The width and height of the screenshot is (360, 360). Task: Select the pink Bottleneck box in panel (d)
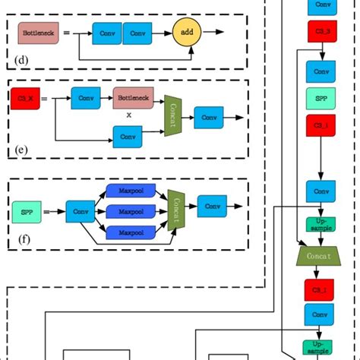pos(37,33)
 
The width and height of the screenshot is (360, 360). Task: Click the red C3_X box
pos(24,97)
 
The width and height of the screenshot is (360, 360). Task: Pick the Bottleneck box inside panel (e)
pos(133,97)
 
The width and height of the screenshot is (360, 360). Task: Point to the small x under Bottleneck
pos(128,115)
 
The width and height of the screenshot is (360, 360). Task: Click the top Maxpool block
pos(131,192)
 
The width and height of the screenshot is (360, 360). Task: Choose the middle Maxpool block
pos(131,211)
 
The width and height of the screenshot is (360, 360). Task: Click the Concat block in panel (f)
pos(177,207)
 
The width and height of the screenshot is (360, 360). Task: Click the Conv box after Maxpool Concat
pos(212,206)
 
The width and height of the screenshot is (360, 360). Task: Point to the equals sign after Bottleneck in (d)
pos(66,33)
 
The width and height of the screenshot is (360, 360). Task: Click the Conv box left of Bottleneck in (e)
pos(86,97)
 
